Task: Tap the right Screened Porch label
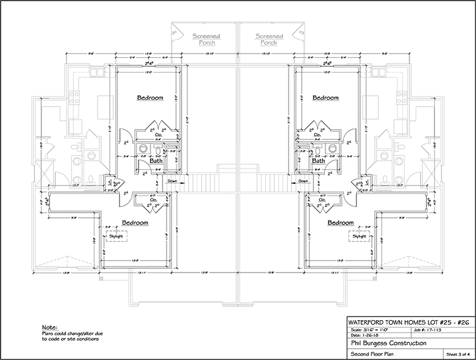tap(270, 39)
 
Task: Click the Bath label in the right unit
tap(319, 161)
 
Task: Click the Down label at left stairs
tap(171, 181)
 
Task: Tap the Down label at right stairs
tap(303, 181)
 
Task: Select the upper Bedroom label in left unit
tap(150, 98)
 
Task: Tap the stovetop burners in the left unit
tap(76, 98)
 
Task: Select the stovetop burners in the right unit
tap(401, 98)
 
